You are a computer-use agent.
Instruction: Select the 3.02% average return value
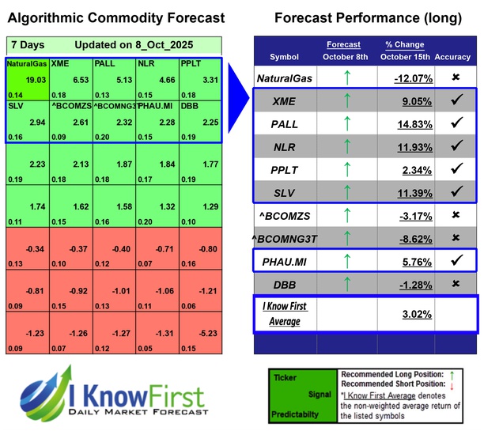pos(414,314)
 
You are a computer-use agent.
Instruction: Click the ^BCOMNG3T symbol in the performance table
pos(285,237)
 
